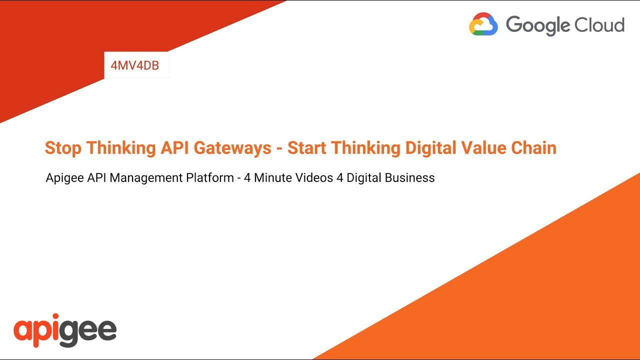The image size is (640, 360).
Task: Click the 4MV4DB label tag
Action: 135,65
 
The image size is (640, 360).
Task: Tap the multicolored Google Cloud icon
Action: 483,24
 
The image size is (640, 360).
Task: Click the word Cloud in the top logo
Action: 602,24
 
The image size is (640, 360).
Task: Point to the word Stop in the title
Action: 63,148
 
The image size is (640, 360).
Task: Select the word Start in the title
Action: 306,148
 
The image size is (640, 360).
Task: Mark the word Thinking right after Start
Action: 365,148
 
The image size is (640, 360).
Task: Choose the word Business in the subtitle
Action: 412,177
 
